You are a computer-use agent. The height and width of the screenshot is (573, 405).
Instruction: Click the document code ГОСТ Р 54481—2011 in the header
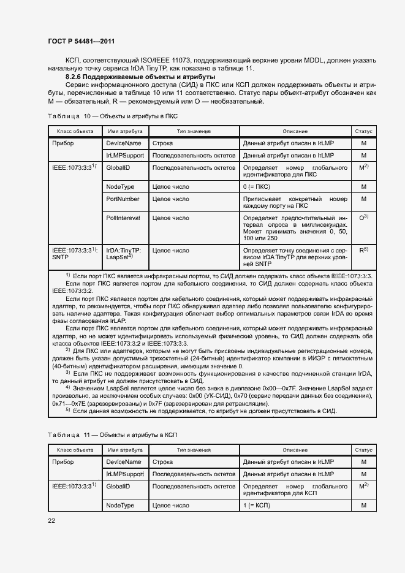click(81, 41)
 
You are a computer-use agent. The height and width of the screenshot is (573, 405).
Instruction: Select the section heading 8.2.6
click(140, 77)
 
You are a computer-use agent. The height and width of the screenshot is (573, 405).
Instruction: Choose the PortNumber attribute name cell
click(123, 199)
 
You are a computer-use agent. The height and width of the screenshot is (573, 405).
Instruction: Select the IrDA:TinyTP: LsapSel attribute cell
click(124, 254)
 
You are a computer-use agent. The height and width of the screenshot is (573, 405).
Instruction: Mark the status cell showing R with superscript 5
click(363, 250)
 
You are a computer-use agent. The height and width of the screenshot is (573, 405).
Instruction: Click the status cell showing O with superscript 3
click(363, 217)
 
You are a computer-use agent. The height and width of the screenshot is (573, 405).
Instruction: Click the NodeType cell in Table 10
click(120, 186)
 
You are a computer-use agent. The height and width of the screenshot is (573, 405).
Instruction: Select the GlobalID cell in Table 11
click(118, 486)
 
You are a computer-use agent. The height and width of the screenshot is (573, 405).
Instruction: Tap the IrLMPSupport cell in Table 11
click(124, 474)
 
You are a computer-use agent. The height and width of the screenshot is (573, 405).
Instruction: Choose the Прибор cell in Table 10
click(63, 143)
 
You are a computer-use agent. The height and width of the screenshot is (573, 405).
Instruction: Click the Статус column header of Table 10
click(363, 131)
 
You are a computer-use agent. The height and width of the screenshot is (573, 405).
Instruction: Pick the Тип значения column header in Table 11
click(194, 450)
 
